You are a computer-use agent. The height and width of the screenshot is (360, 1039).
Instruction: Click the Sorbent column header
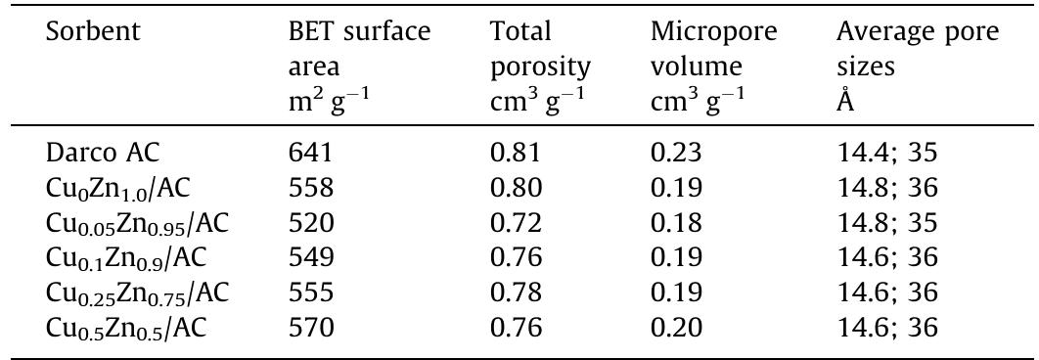point(94,32)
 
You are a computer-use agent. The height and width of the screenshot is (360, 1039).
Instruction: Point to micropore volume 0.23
point(673,153)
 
